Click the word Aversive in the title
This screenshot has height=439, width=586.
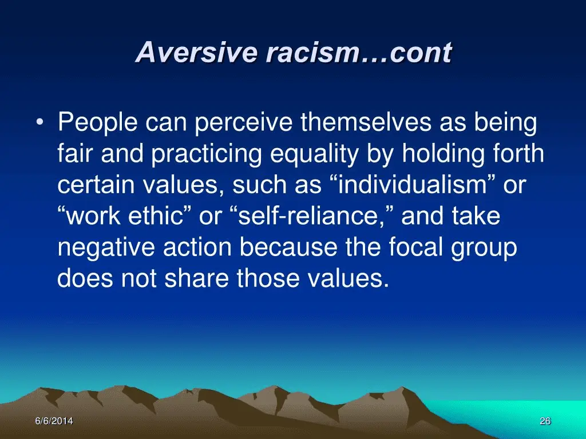[x=197, y=52]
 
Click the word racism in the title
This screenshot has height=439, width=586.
[x=312, y=52]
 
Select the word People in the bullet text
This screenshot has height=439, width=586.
[x=97, y=123]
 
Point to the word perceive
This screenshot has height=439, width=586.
[x=243, y=123]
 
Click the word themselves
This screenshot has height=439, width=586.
[x=366, y=122]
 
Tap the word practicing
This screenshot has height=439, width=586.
[x=206, y=154]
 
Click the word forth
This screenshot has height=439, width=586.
[x=518, y=153]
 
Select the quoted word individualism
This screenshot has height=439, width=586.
[x=413, y=185]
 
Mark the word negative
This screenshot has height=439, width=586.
[x=106, y=248]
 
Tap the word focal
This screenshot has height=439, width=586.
[x=415, y=247]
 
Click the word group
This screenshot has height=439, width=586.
[x=484, y=248]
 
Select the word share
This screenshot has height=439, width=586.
[x=196, y=278]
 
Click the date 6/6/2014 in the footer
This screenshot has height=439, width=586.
[x=54, y=421]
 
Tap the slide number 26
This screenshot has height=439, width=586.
[x=545, y=421]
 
